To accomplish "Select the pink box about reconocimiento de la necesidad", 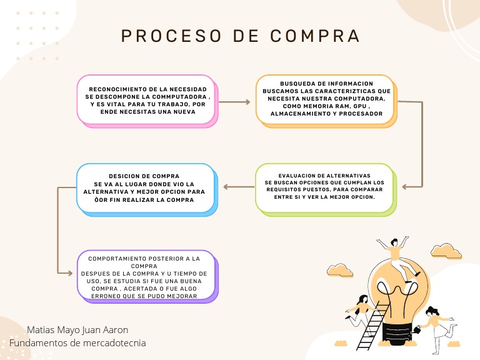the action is pos(147,100).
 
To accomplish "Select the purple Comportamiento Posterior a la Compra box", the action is pos(147,276).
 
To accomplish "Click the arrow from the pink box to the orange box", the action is pos(236,101).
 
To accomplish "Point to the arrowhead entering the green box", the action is pos(405,186).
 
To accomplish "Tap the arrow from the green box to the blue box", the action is pos(238,186).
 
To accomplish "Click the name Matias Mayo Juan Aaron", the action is pos(77,329).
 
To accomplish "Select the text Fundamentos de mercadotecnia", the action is pos(77,342).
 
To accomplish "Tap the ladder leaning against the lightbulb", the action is pos(371,325).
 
